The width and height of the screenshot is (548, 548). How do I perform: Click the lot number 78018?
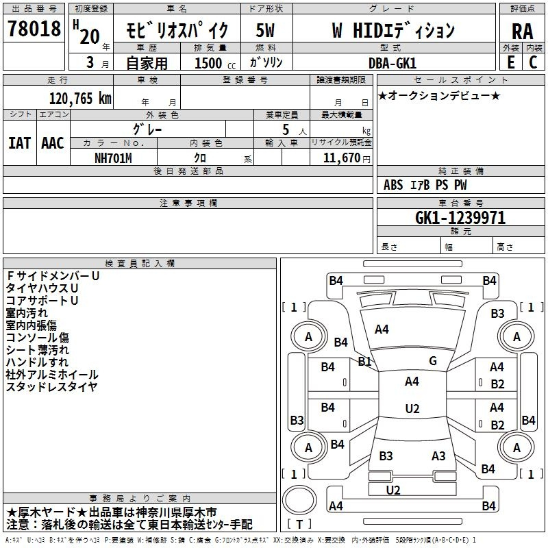pos(34,29)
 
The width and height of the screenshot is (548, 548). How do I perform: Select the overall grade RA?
pos(522,32)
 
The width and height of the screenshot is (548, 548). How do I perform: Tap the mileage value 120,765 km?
pos(80,99)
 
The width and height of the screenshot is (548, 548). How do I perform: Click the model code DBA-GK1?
pos(393,63)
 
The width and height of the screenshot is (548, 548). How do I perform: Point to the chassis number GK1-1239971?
pos(460,218)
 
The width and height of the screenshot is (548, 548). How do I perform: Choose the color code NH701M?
pos(113,158)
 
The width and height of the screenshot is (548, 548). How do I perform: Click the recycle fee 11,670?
pos(341,158)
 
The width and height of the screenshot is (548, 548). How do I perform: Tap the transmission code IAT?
pos(20,143)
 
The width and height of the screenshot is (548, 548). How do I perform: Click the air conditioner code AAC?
pos(53,143)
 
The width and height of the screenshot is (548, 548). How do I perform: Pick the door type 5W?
pos(265,30)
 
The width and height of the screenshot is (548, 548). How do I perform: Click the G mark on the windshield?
pos(433,361)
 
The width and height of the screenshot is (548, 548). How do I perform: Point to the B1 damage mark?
pos(364,362)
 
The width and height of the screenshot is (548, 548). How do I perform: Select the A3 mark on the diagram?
pos(438,456)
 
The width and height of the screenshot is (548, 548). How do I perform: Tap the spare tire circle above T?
pos(299,500)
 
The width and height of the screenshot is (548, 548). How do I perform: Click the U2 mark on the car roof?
pos(412,408)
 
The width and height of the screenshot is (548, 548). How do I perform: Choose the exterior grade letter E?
pos(510,62)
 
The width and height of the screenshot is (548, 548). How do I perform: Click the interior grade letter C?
pos(533,62)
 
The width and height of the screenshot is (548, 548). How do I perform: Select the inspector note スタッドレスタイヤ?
pos(51,387)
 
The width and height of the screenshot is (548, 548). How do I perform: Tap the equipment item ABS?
pos(393,185)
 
